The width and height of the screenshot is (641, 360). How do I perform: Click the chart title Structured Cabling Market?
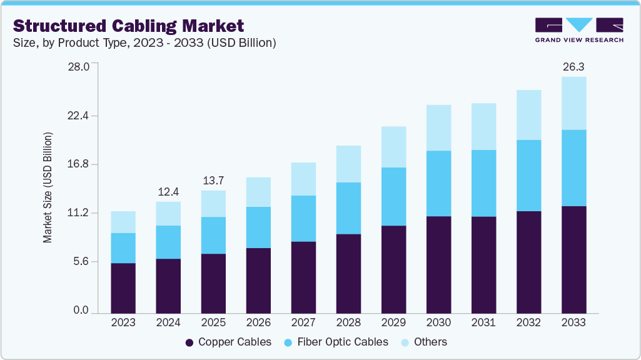tap(128, 26)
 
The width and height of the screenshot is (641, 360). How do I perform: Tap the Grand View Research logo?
tap(579, 30)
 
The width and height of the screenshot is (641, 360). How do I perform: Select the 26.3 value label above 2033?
tap(573, 66)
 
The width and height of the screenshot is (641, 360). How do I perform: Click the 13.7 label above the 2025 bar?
tap(213, 180)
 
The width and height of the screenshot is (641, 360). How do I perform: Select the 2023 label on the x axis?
tap(123, 322)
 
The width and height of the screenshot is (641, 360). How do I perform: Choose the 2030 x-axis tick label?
tap(438, 322)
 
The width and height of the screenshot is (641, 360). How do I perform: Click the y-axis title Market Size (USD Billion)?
tap(48, 187)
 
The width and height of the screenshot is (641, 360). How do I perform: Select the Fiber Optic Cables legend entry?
tap(336, 342)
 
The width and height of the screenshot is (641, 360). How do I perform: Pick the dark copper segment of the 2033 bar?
tap(573, 259)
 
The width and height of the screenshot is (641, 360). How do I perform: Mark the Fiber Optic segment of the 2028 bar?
tap(348, 208)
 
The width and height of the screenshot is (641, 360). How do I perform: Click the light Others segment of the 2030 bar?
tap(438, 127)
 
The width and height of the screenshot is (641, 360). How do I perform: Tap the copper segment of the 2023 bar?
tap(123, 287)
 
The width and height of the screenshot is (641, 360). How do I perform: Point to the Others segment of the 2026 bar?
tap(258, 192)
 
